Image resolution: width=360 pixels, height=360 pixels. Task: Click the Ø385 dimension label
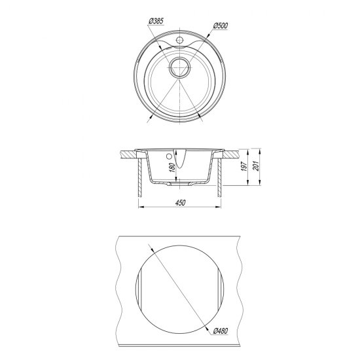156,21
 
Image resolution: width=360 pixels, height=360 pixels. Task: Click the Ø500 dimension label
221,26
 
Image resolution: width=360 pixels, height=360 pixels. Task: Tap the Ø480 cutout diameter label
221,331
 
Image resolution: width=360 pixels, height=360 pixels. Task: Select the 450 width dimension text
180,203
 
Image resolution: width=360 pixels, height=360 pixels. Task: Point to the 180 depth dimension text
172,168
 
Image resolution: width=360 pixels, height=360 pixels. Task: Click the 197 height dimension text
244,166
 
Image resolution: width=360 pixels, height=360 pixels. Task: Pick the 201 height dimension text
255,166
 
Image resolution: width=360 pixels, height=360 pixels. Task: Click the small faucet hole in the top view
179,40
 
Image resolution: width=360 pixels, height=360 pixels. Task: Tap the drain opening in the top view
180,67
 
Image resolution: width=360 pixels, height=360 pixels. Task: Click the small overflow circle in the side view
170,156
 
